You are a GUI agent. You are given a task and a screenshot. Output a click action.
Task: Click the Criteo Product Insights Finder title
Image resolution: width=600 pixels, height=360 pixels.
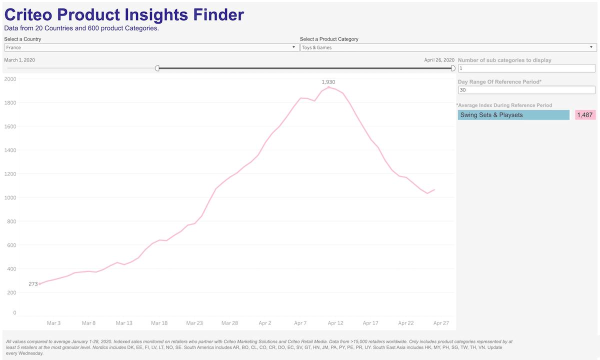tap(124, 14)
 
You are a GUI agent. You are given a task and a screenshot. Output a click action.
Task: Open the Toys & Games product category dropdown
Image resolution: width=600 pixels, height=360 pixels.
tap(448, 47)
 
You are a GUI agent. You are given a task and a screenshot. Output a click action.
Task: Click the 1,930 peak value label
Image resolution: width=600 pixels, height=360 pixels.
tap(328, 81)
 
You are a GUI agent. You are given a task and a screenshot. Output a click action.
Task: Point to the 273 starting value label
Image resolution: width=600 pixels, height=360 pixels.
tap(33, 284)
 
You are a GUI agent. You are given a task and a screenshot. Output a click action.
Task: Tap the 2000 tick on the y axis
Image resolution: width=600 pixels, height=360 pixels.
tap(10, 79)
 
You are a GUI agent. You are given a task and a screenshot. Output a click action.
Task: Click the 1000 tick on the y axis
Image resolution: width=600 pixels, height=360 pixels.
tap(10, 197)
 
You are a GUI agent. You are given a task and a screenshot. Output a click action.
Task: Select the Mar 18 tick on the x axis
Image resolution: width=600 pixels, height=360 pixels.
tap(159, 323)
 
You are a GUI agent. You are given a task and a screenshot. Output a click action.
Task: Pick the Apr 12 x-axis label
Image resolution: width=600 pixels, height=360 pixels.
tap(335, 323)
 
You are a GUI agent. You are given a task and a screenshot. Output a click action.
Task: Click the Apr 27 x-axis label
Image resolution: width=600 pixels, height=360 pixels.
tap(441, 323)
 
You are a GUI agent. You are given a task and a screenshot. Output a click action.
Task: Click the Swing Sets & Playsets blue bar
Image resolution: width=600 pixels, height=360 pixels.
tap(513, 115)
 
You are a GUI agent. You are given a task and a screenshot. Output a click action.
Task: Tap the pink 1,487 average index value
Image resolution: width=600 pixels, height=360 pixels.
tap(585, 115)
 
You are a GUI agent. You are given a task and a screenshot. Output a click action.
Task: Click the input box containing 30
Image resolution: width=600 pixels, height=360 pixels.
tap(526, 90)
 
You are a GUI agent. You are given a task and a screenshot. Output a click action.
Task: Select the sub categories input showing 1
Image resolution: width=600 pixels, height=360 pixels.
tap(526, 68)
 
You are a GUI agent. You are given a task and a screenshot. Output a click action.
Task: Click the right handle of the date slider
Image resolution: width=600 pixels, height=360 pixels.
tap(453, 68)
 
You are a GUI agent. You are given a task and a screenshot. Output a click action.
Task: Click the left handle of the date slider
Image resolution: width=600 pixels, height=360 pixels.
tap(157, 68)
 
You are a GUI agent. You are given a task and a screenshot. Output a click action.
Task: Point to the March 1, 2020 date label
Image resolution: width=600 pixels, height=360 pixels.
tap(19, 60)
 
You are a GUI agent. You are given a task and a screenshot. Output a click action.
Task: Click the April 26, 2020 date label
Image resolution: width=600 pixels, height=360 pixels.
tap(439, 60)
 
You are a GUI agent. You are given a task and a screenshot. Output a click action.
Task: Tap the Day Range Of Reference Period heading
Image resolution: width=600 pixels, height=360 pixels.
tap(499, 81)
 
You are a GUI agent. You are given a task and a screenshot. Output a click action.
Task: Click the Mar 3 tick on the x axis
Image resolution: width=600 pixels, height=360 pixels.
tap(53, 323)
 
